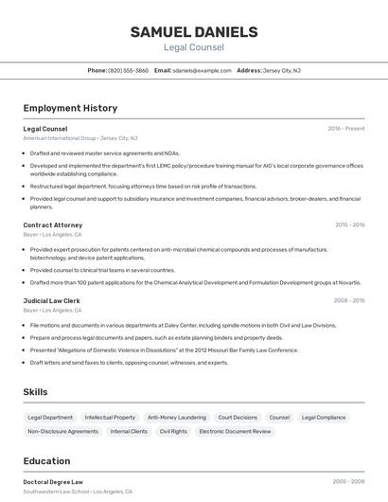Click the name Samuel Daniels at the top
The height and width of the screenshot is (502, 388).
coord(193,32)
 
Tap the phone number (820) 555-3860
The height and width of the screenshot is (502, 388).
coord(128,70)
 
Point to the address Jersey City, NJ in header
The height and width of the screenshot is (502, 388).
coord(282,70)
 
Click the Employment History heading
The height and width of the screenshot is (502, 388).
coord(70,108)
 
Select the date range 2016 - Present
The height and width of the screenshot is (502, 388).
coord(346,128)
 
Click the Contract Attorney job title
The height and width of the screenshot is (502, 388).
coord(53,225)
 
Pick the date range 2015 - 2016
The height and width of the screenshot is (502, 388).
coord(349,225)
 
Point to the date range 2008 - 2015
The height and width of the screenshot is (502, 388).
coord(349,300)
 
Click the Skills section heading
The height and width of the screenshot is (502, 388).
coord(36,391)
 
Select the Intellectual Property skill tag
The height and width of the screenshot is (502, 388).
coord(110,417)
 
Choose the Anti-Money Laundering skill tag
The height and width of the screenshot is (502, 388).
coord(176,417)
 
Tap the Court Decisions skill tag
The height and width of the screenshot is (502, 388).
coord(238,417)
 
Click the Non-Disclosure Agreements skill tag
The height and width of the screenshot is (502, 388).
coord(62,431)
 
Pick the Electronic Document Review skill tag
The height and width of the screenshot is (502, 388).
coord(235,431)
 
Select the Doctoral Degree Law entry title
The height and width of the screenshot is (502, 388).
coord(53,481)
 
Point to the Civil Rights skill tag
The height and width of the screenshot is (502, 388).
coord(173,431)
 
